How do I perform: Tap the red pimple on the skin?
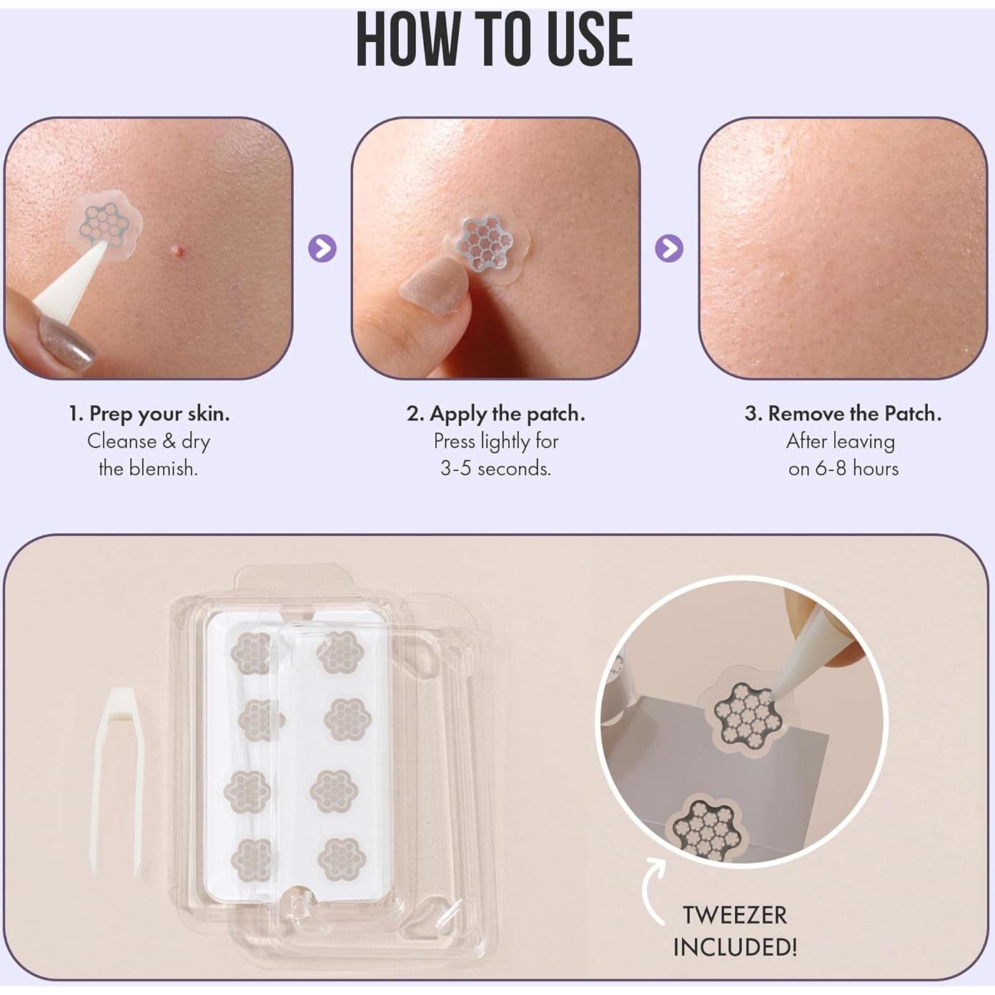(x=177, y=250)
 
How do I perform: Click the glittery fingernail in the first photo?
(x=66, y=342)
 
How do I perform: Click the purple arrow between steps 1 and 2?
(x=322, y=248)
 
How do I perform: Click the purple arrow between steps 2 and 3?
(x=669, y=248)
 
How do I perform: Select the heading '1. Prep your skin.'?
(x=149, y=413)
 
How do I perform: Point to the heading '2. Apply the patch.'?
(x=495, y=413)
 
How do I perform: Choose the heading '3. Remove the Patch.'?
(x=843, y=413)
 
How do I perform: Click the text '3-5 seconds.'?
(x=495, y=468)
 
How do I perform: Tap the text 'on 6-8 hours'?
(x=843, y=468)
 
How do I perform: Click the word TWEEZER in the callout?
(x=734, y=915)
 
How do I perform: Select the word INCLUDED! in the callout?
(x=734, y=947)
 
